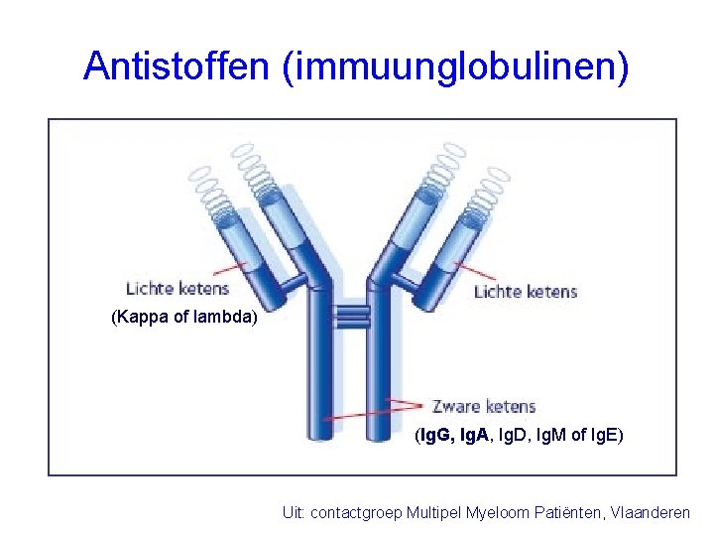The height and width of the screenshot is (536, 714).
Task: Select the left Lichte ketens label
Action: click(178, 289)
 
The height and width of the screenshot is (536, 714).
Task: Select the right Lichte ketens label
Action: click(526, 291)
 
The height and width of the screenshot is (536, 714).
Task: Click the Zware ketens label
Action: click(484, 406)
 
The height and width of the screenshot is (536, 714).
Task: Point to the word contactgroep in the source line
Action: click(354, 513)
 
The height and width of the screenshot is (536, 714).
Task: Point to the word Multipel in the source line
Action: click(433, 513)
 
